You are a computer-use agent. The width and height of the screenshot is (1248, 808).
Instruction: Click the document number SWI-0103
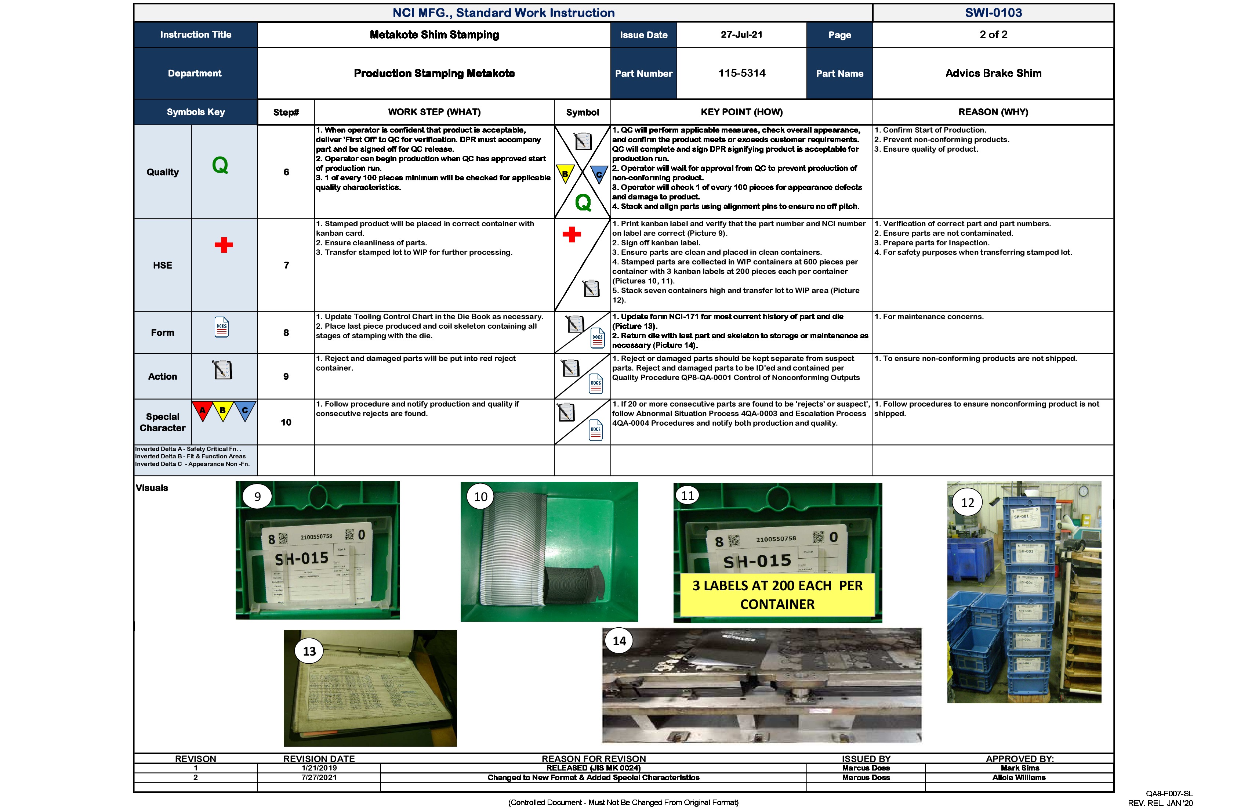(x=993, y=12)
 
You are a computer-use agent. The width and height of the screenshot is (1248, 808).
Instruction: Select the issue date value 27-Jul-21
(x=741, y=35)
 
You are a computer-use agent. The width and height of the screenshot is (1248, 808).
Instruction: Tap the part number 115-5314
(x=741, y=73)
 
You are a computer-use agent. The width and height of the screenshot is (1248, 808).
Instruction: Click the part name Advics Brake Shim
(x=993, y=73)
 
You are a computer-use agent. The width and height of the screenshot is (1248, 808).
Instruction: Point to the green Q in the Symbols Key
(x=220, y=165)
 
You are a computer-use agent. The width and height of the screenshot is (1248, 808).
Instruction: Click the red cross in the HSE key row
(x=224, y=245)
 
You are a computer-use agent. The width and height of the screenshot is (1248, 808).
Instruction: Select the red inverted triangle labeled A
(x=202, y=410)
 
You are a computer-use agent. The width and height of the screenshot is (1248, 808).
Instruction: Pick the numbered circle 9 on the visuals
(x=257, y=496)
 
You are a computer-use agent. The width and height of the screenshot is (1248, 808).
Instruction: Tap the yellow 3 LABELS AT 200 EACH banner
(x=777, y=595)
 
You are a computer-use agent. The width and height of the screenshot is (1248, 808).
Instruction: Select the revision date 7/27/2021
(x=319, y=778)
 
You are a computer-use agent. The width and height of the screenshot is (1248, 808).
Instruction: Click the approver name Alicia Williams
(x=1019, y=778)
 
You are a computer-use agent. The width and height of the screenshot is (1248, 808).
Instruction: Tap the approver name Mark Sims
(x=1019, y=768)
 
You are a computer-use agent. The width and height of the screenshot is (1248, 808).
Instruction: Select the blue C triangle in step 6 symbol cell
(x=599, y=174)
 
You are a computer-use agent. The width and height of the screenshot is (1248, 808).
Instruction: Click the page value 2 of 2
(x=993, y=35)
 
